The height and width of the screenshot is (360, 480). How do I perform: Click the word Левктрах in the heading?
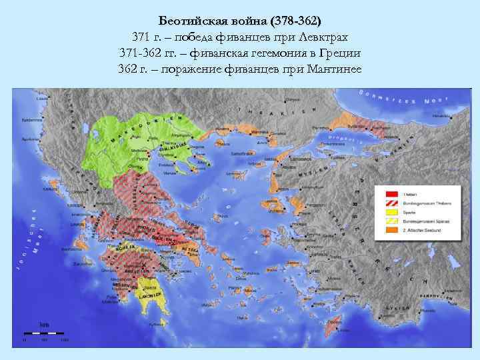click(x=325, y=36)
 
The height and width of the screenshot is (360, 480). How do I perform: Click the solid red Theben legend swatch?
click(x=389, y=193)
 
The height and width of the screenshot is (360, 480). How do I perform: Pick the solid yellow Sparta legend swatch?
click(x=389, y=211)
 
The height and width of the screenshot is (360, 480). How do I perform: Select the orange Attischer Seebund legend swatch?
click(x=389, y=230)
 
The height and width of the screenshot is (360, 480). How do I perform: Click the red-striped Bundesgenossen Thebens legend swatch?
click(x=389, y=202)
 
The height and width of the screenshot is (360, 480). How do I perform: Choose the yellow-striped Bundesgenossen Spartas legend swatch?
click(x=389, y=221)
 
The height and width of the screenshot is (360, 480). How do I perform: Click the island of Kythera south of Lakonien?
click(x=159, y=325)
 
